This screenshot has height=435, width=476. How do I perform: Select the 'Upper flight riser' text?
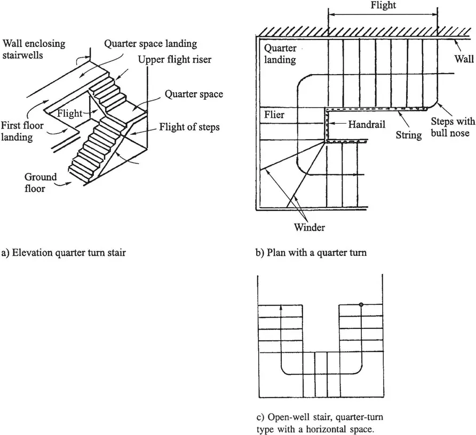click(x=175, y=60)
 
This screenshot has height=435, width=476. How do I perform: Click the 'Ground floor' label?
click(x=41, y=183)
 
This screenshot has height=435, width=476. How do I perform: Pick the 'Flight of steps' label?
click(x=189, y=127)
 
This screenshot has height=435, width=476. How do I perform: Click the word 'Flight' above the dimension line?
click(x=383, y=6)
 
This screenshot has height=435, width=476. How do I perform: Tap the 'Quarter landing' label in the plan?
click(x=281, y=54)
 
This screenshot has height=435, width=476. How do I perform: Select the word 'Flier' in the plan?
click(x=274, y=115)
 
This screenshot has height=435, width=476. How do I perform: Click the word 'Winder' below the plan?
click(x=310, y=228)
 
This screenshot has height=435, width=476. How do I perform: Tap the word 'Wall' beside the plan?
click(x=464, y=60)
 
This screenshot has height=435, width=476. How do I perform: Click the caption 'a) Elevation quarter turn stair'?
click(x=64, y=253)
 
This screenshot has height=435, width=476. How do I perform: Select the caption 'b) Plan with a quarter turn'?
click(x=311, y=253)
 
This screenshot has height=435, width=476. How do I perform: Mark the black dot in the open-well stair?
click(x=361, y=305)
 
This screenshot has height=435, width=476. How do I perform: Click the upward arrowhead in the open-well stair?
click(x=281, y=308)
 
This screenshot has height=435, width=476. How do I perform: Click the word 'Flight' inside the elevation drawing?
click(x=69, y=113)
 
